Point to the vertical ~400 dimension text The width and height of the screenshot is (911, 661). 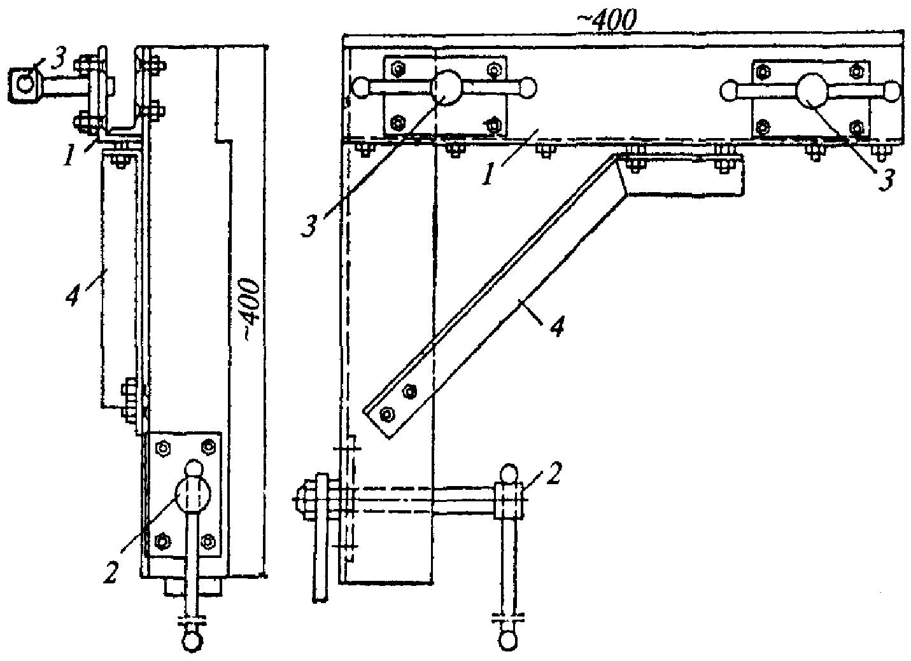coord(250,309)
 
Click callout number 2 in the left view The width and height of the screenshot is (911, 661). coord(111,573)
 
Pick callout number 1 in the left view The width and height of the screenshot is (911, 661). coord(69,156)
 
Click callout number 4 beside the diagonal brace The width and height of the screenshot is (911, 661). coord(558,326)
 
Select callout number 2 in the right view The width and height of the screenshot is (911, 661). coord(553,473)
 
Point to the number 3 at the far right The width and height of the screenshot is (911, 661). coord(886,181)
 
